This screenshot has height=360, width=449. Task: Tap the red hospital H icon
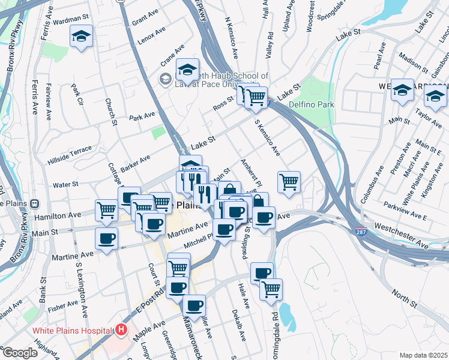point(122,329)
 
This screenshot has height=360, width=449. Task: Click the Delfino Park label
point(310,104)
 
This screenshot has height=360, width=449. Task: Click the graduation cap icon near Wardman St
point(81,36)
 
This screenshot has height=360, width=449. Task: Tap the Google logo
point(20,353)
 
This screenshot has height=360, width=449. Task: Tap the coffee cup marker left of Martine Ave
point(107,238)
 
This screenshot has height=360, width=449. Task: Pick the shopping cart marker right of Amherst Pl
point(289,182)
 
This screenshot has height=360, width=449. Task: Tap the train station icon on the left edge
point(35,203)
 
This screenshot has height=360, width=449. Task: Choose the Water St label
point(65,184)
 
